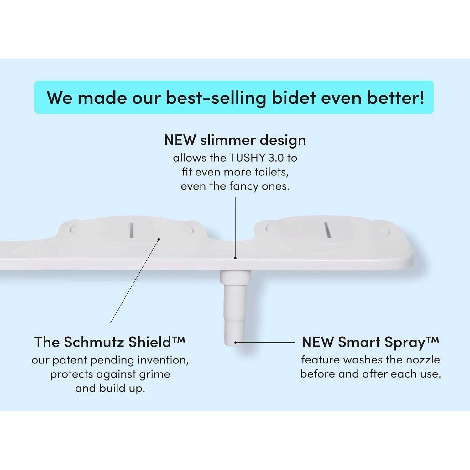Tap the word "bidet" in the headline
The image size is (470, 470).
click(294, 97)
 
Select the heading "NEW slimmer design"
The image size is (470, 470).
click(235, 140)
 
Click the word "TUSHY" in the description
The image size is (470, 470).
click(248, 158)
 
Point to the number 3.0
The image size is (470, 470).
click(276, 158)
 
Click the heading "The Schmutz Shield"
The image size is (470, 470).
click(110, 342)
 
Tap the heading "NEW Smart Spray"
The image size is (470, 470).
click(370, 342)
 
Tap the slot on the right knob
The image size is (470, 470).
click(327, 230)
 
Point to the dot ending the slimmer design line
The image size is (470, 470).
click(235, 258)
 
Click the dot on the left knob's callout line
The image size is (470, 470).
click(159, 239)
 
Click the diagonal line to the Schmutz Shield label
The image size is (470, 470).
click(135, 281)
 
